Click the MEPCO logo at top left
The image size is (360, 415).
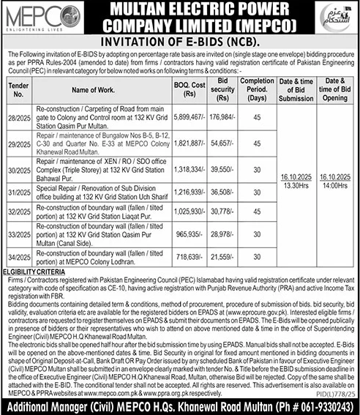(37, 16)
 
